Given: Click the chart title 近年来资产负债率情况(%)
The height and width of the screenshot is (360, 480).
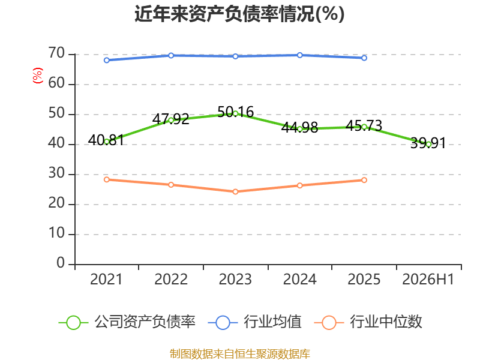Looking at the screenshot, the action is tap(239, 14).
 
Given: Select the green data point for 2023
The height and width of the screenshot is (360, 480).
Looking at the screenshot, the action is tap(235, 113).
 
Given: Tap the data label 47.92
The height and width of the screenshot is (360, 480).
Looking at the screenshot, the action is tap(171, 119).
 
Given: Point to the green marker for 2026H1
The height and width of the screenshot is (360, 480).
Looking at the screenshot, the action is tap(428, 144).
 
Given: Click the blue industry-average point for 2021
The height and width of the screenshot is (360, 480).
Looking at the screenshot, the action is tap(107, 61).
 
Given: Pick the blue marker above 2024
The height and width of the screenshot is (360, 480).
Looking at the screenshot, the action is tap(299, 55).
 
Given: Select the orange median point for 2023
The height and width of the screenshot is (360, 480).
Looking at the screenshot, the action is tap(235, 191).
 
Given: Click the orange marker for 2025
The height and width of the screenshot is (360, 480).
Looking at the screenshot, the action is tap(364, 180).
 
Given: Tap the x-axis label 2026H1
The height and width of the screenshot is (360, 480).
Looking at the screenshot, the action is tap(428, 279).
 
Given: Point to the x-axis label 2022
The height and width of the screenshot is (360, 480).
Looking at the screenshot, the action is tap(171, 279).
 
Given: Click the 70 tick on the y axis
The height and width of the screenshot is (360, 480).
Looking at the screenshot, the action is tap(56, 53).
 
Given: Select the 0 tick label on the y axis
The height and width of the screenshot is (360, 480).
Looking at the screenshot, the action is tap(61, 263).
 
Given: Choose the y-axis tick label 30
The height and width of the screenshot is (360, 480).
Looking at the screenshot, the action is tap(56, 173).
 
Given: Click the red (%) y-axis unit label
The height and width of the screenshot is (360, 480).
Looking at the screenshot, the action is tap(38, 76).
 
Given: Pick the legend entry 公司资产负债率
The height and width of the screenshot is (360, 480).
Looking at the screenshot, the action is tap(127, 322).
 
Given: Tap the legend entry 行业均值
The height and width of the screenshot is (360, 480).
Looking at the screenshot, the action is tap(254, 322).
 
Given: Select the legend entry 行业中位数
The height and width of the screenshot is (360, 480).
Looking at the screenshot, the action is tap(368, 322).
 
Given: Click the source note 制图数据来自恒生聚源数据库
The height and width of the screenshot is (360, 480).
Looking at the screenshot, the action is tap(240, 353).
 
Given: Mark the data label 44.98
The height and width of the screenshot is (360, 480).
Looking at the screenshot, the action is tap(299, 127).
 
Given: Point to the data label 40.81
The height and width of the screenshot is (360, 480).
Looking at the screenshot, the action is tap(106, 140).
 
